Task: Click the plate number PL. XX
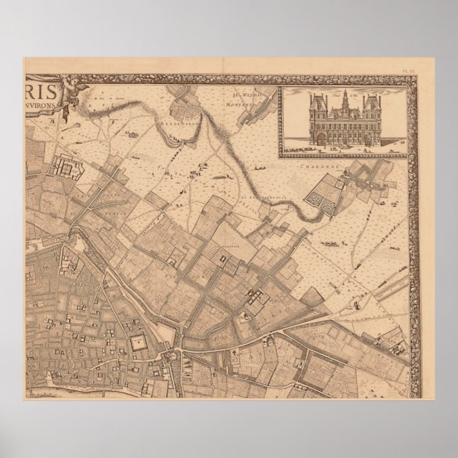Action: [409, 70]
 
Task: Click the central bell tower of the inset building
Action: [344, 97]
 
